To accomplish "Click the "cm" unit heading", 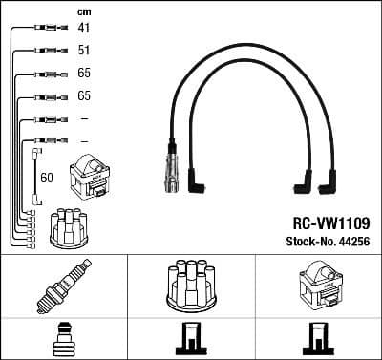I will (x=83, y=11).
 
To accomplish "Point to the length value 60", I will (x=47, y=178).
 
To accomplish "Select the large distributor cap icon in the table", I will (x=190, y=286).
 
